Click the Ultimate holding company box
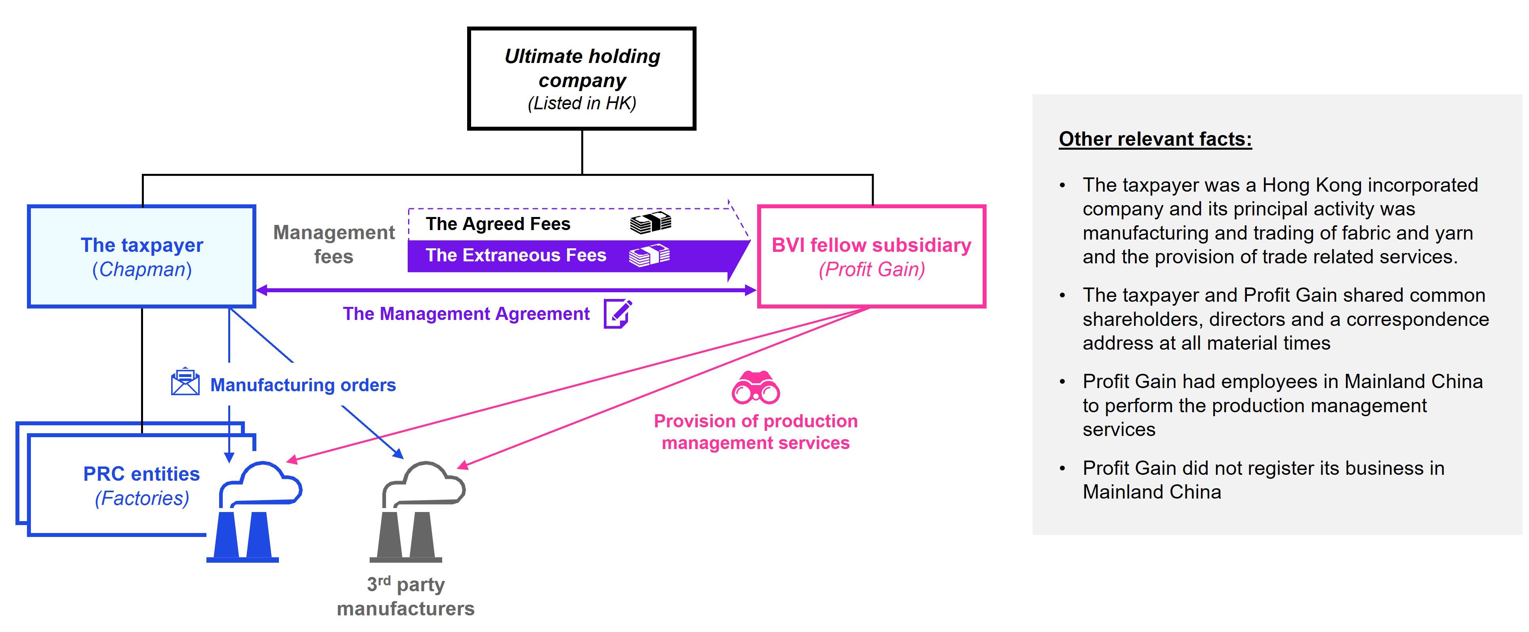[581, 78]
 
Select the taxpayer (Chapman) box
[141, 256]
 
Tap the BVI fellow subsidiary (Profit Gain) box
[871, 256]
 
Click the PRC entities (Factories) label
[141, 485]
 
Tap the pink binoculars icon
[756, 388]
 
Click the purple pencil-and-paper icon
[617, 313]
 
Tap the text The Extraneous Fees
[516, 255]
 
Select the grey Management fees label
[334, 244]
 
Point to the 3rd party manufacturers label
[405, 596]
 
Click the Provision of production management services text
[756, 431]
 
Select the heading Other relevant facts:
[1155, 139]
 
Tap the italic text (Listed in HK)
[582, 103]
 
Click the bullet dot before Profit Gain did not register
[1063, 468]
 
